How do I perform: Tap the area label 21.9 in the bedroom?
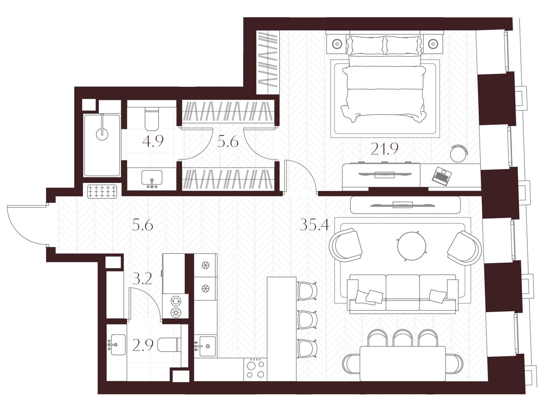pos(384,149)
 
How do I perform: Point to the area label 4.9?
pos(153,141)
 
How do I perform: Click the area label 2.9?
pos(143,345)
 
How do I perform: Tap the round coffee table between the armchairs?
pos(411,246)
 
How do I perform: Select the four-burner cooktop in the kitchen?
pos(255,369)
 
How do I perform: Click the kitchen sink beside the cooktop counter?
pos(205,346)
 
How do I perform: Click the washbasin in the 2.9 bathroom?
pos(117,345)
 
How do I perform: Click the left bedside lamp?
pos(337,44)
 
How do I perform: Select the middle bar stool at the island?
pos(307,320)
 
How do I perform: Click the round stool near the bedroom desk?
pos(459,154)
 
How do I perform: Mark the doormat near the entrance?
pos(102,191)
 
